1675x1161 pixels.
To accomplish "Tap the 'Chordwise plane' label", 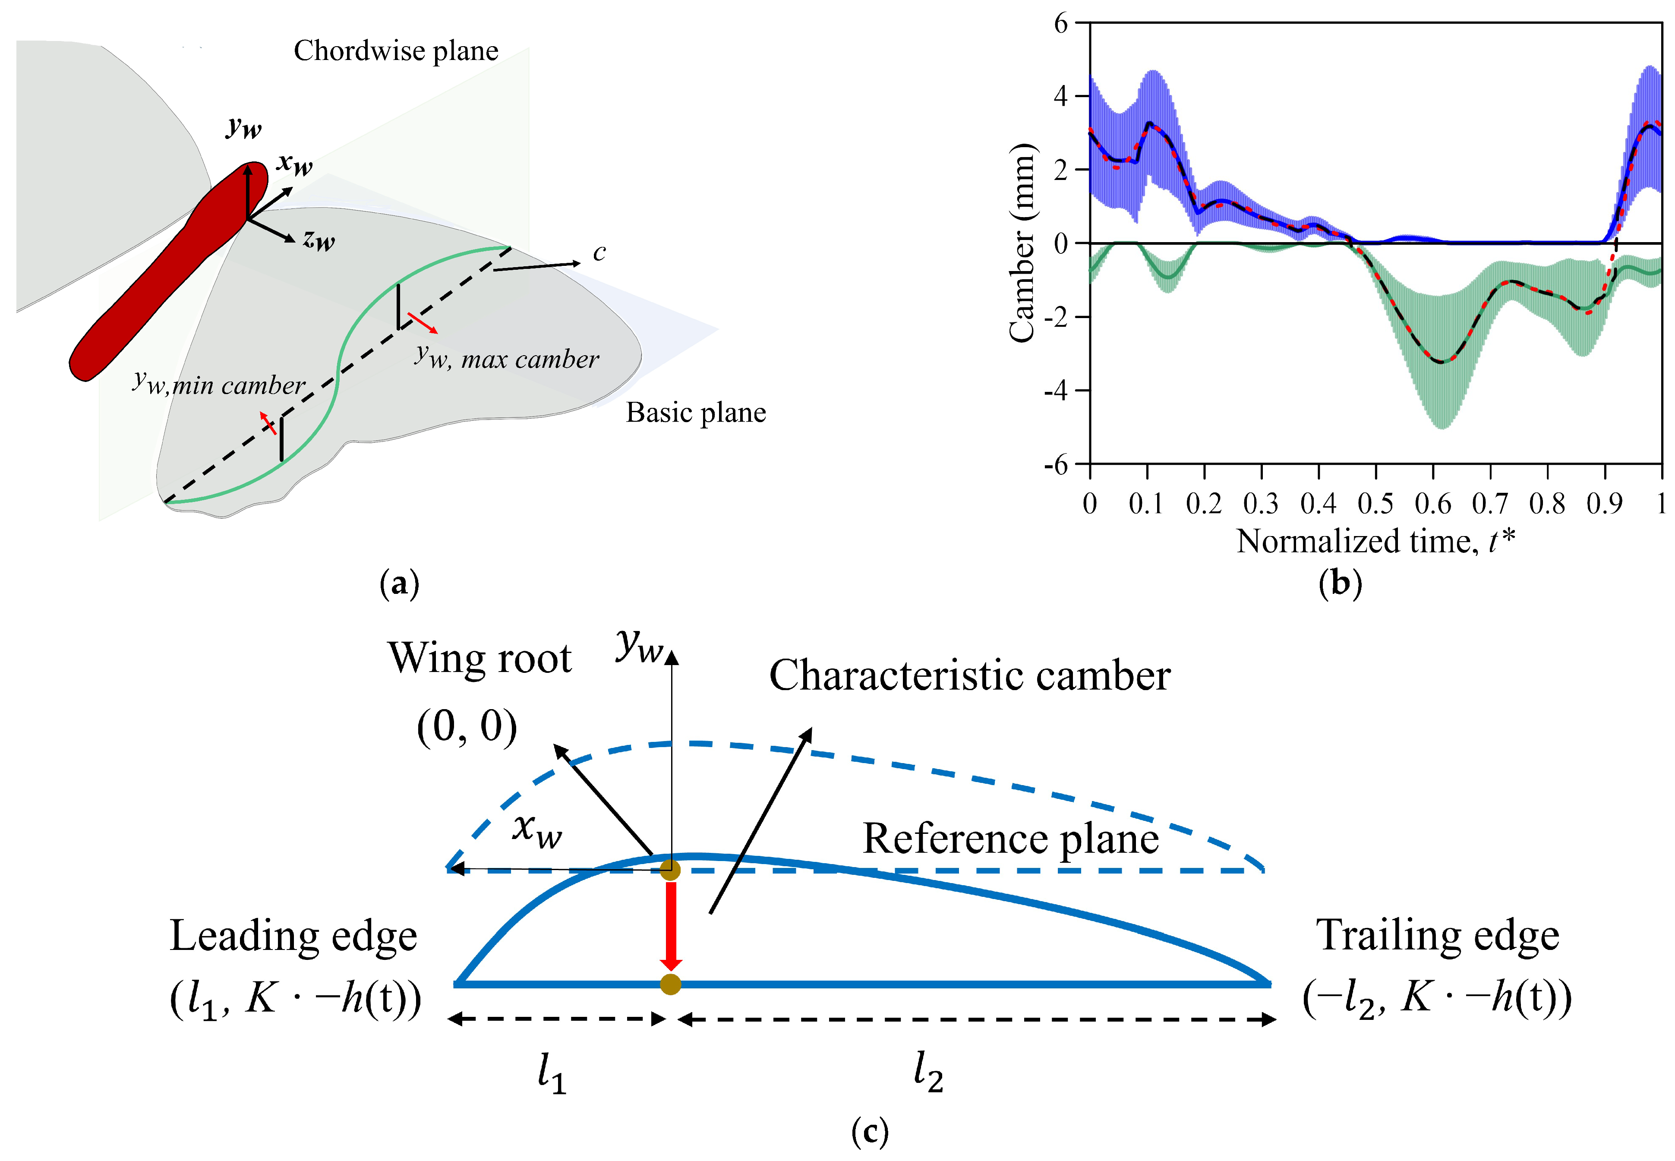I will click(x=396, y=51).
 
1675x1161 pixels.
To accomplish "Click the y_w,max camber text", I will click(x=507, y=358).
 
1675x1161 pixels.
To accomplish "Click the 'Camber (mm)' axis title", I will click(x=1022, y=242).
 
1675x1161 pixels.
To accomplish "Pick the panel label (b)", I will click(x=1340, y=584).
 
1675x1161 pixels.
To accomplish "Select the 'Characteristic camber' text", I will click(x=969, y=676).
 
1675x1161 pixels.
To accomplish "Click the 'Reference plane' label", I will click(x=1010, y=838).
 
